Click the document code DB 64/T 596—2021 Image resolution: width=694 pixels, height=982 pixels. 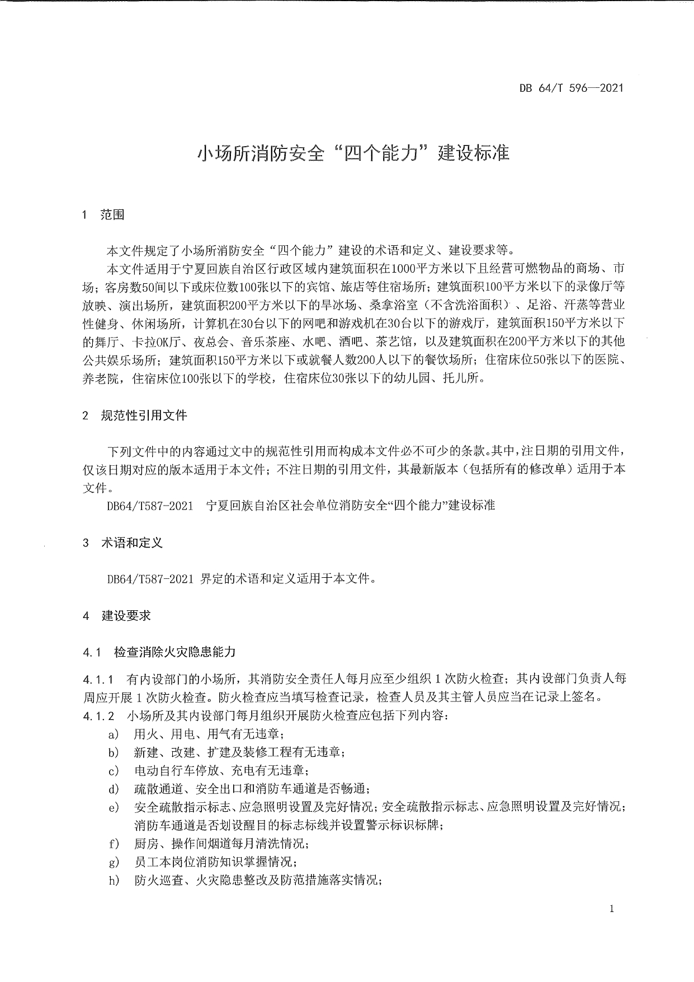(571, 87)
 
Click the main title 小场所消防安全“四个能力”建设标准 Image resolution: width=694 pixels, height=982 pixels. (352, 153)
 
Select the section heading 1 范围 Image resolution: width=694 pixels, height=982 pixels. (103, 214)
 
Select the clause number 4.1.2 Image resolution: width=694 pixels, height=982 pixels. (98, 716)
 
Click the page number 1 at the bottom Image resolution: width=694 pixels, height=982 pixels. (612, 909)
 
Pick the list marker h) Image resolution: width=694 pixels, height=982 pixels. (114, 881)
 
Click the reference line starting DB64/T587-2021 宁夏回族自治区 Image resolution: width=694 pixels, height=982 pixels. (301, 506)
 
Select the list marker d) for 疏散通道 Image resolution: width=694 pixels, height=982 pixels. (114, 789)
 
